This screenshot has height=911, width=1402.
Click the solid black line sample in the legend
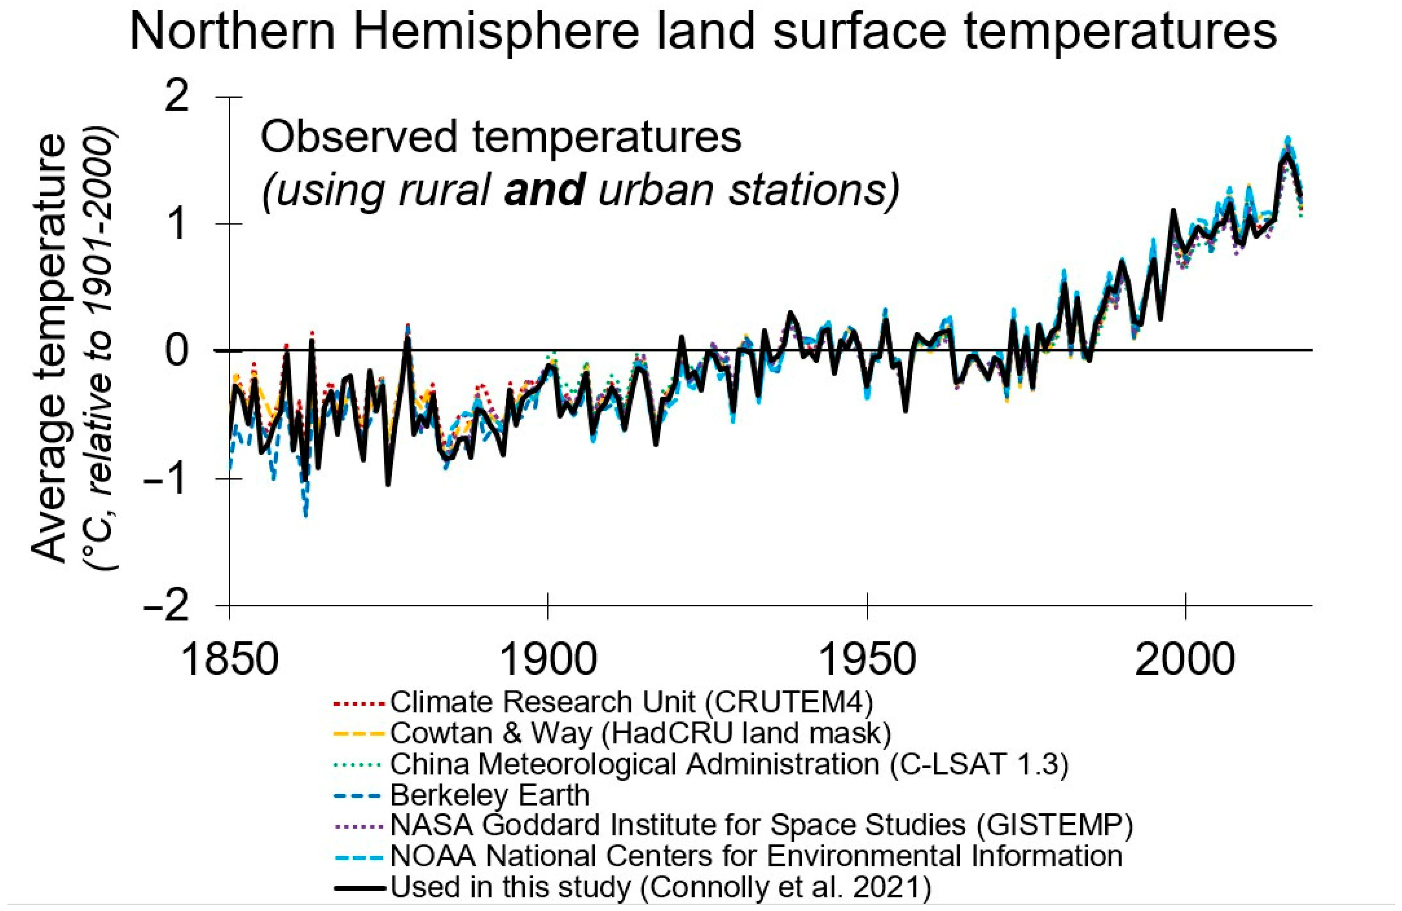[x=359, y=887]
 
